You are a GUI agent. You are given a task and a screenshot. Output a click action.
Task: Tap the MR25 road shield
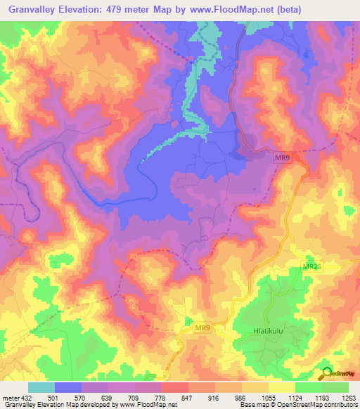point(311,267)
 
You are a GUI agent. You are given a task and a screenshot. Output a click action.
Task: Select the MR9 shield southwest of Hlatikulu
point(202,328)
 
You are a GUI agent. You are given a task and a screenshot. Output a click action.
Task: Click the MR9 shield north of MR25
point(283,160)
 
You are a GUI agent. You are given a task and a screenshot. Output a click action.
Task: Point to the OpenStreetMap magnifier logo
point(326,372)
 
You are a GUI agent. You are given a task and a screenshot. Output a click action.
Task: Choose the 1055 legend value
point(269,399)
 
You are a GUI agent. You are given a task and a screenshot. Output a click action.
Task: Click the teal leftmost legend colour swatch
point(41,387)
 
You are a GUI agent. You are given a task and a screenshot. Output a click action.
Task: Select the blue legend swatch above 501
point(68,387)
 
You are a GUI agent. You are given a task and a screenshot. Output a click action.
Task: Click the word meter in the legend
point(10,399)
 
